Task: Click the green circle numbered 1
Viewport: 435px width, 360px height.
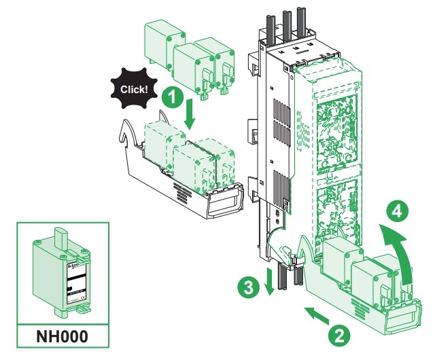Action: click(173, 97)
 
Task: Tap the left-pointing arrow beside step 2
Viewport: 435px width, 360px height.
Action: click(315, 314)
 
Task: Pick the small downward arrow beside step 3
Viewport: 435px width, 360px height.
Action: click(270, 281)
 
